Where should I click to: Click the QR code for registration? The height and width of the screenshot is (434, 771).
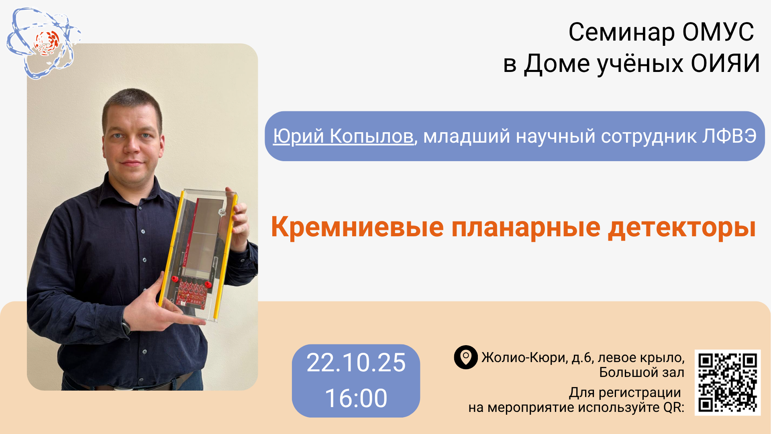tap(728, 382)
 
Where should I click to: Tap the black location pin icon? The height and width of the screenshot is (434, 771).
tap(466, 357)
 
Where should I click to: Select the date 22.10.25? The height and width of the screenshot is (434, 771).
tap(356, 362)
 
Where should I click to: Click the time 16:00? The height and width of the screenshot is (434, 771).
tap(356, 398)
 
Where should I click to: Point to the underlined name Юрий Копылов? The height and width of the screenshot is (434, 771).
tap(343, 136)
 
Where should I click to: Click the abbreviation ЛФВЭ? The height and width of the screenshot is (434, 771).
tap(729, 136)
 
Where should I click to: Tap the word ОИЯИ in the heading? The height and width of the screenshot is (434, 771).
tap(725, 63)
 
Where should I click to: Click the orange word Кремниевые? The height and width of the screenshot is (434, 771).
tap(357, 227)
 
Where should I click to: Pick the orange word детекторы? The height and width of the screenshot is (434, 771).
tap(682, 227)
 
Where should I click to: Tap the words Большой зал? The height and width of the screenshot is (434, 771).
tap(642, 373)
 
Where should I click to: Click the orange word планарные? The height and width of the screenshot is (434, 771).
tap(526, 227)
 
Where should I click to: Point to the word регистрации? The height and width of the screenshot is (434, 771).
tap(640, 393)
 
